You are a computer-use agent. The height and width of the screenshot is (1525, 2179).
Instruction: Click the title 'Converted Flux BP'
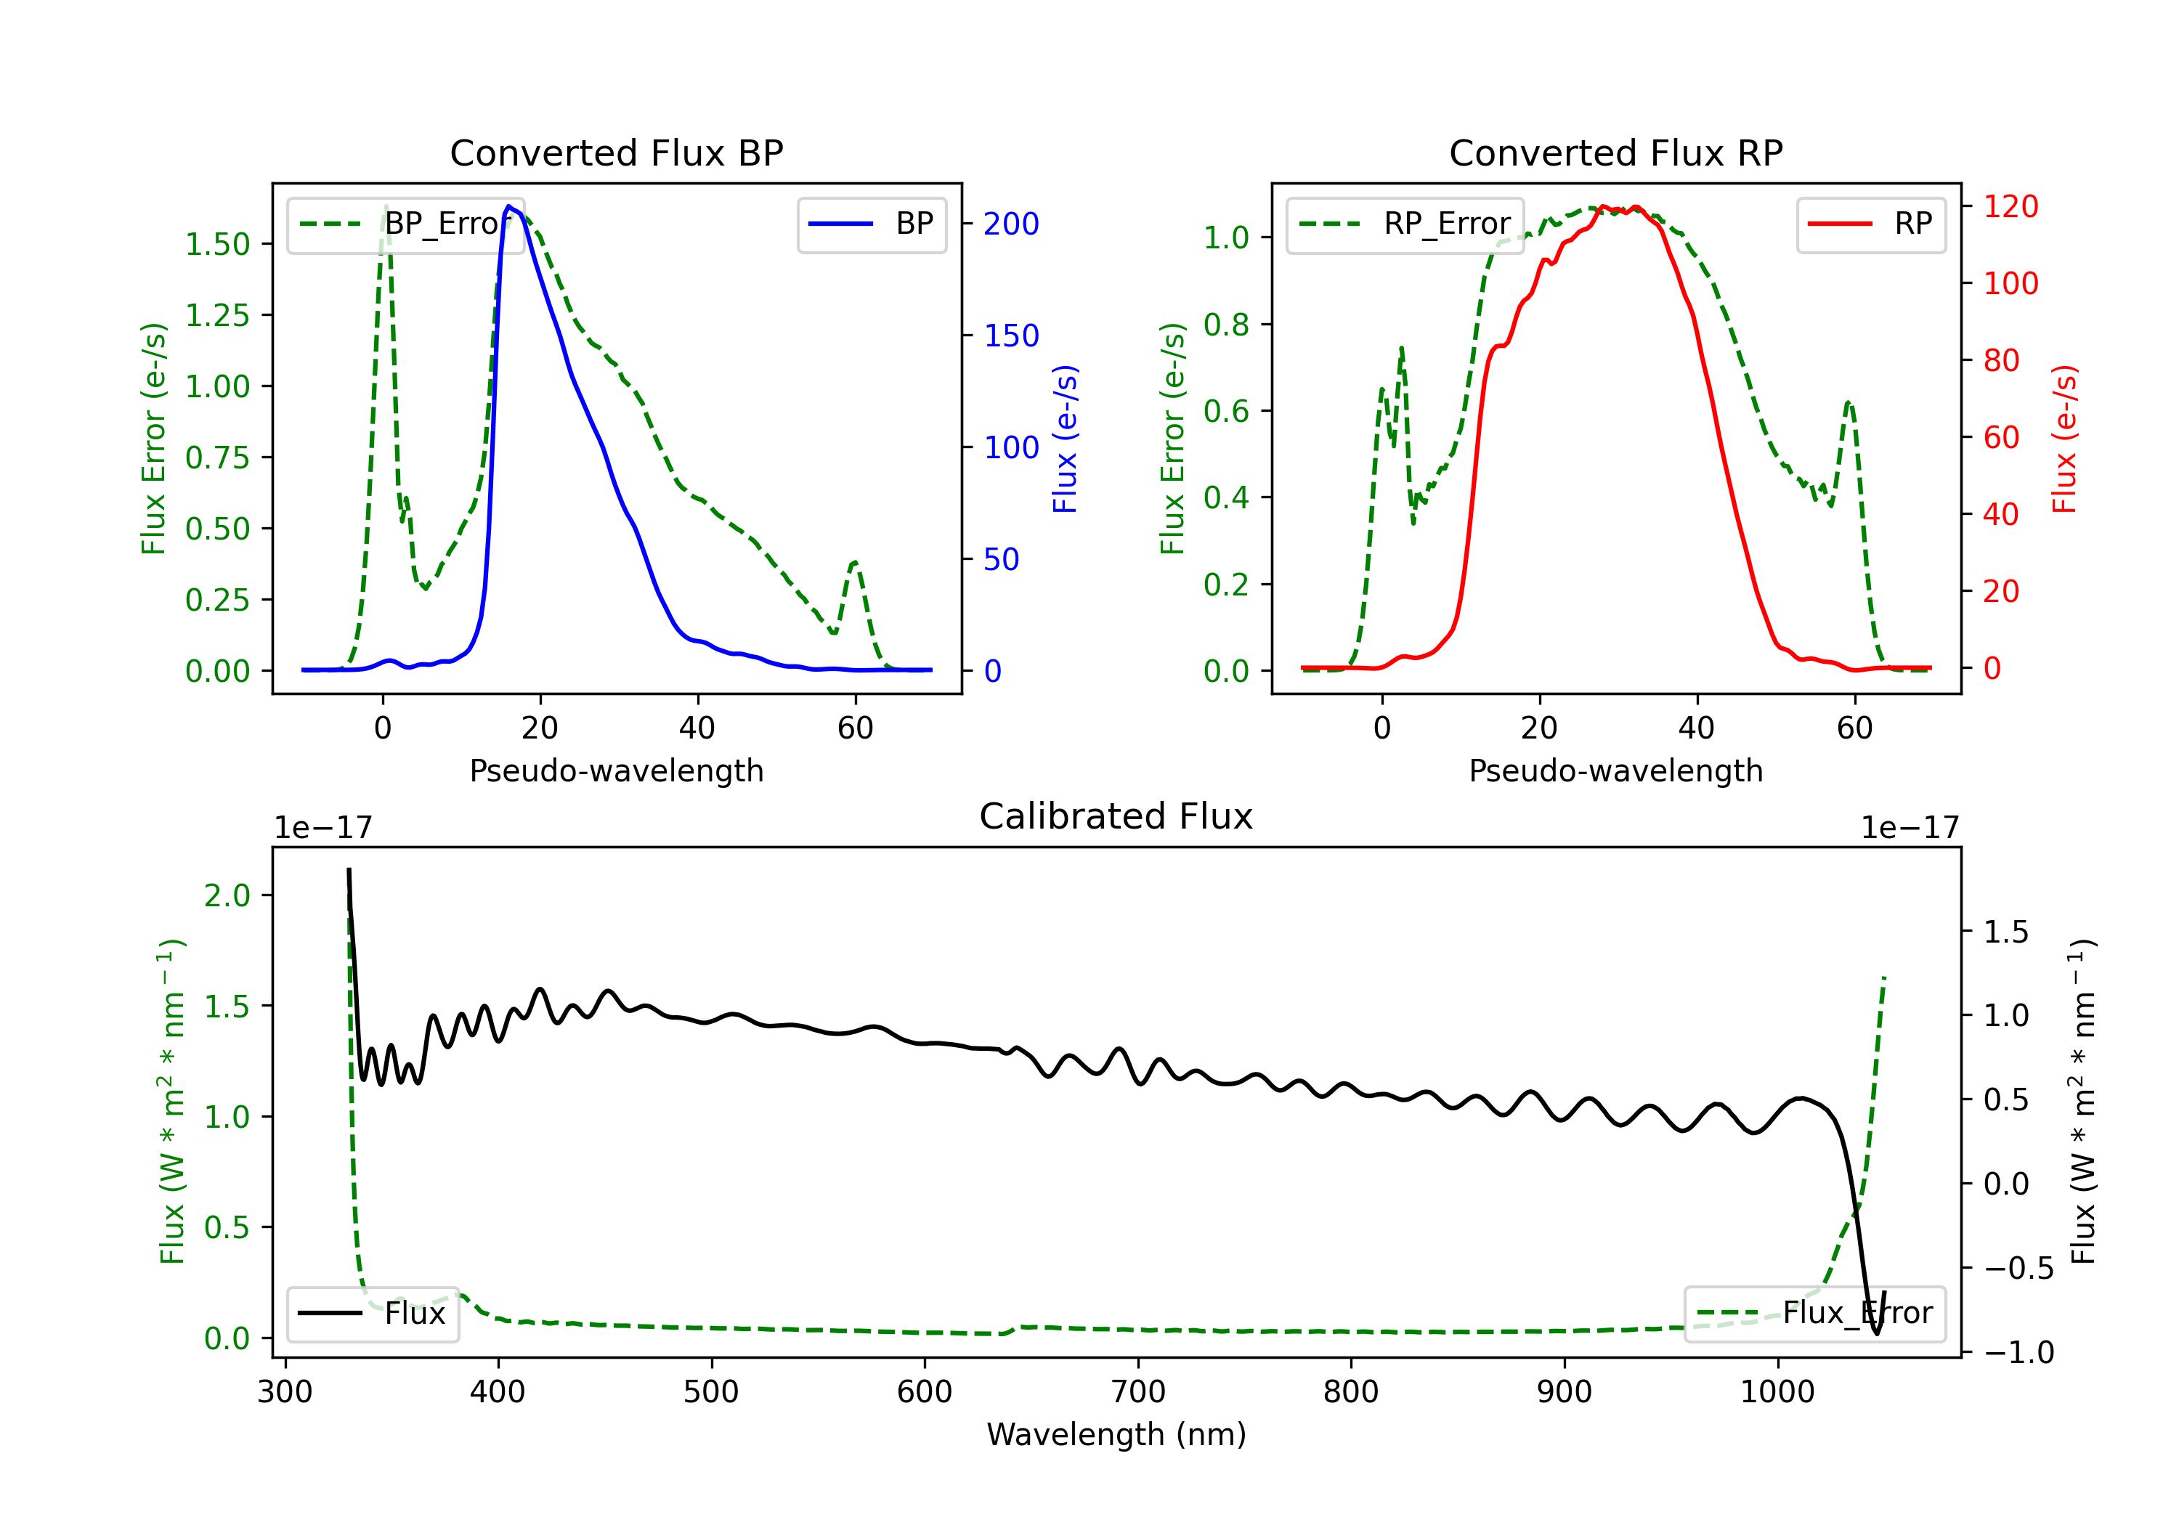(617, 152)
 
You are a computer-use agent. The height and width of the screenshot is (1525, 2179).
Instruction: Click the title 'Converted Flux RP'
(1616, 152)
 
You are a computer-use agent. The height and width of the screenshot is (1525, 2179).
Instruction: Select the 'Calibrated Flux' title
(1116, 816)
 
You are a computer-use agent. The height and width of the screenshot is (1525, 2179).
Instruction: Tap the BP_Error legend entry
(406, 224)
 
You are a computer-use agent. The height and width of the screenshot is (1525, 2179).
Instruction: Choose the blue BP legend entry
(871, 224)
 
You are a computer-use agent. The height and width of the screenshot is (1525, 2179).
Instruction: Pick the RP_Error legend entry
(1405, 224)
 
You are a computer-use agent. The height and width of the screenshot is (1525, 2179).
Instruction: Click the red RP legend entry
(1870, 224)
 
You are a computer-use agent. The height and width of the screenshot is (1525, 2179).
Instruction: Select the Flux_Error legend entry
(1814, 1314)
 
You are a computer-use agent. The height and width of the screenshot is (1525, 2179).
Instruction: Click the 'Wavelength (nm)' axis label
(1116, 1434)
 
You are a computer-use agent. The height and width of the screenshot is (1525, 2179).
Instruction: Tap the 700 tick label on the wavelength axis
(1138, 1392)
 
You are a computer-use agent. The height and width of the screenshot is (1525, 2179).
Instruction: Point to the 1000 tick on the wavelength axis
(1777, 1392)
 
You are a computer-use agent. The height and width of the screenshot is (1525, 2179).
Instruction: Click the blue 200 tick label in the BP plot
(1012, 224)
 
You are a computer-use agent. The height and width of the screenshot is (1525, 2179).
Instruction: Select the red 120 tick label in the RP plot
(2011, 206)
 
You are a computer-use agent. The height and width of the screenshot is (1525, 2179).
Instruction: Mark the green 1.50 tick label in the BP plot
(217, 244)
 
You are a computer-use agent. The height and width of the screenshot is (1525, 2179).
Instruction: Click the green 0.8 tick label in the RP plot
(1226, 325)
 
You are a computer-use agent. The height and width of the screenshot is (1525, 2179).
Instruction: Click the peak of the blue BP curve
(510, 206)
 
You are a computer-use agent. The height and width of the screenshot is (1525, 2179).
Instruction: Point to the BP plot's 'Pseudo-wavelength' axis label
(617, 770)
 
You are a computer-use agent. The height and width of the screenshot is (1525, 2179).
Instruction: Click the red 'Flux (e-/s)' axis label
(2065, 439)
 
